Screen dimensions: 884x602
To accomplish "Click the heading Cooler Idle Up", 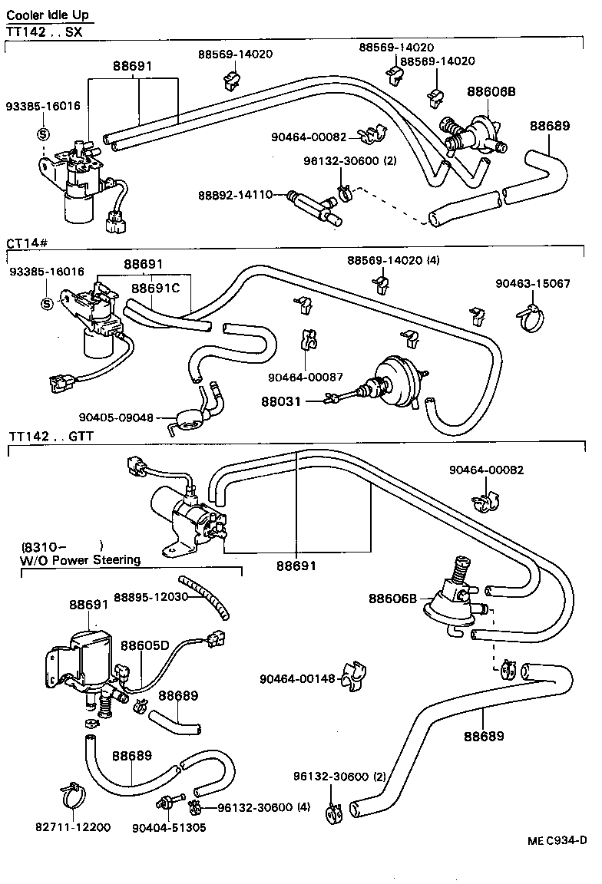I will pos(48,15).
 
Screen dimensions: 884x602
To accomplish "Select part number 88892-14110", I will pos(252,195).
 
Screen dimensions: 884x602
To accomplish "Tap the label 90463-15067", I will pos(534,283).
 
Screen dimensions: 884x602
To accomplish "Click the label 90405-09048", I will pos(117,417).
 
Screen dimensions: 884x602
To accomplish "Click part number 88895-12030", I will pos(150,597).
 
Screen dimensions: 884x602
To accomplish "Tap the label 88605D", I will pos(144,645).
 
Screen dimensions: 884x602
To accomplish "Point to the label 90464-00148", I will pos(296,679).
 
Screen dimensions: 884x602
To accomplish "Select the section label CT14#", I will pos(28,243).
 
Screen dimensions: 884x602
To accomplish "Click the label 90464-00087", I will pos(305,377).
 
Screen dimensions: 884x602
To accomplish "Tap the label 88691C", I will pos(154,289).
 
